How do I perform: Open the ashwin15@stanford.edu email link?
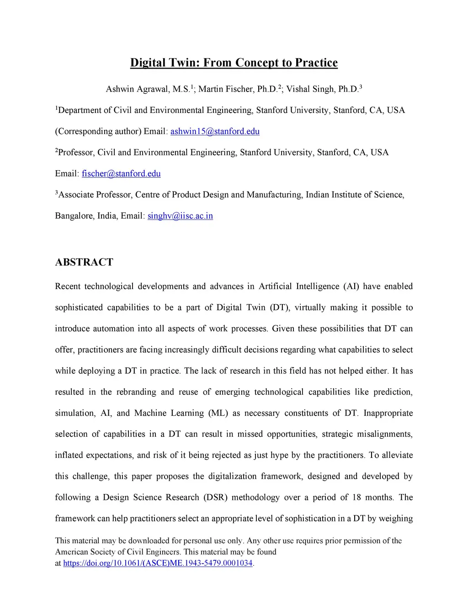click(x=215, y=132)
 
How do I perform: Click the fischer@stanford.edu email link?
click(x=121, y=174)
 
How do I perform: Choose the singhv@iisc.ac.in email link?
click(x=180, y=216)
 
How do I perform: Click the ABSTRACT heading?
click(x=84, y=262)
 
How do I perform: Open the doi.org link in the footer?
click(x=158, y=563)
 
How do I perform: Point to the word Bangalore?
click(x=73, y=216)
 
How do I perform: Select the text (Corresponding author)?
click(x=98, y=132)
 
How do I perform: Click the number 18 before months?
click(x=356, y=498)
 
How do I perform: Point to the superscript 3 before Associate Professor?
click(x=57, y=193)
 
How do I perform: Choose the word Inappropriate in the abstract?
click(x=388, y=413)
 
